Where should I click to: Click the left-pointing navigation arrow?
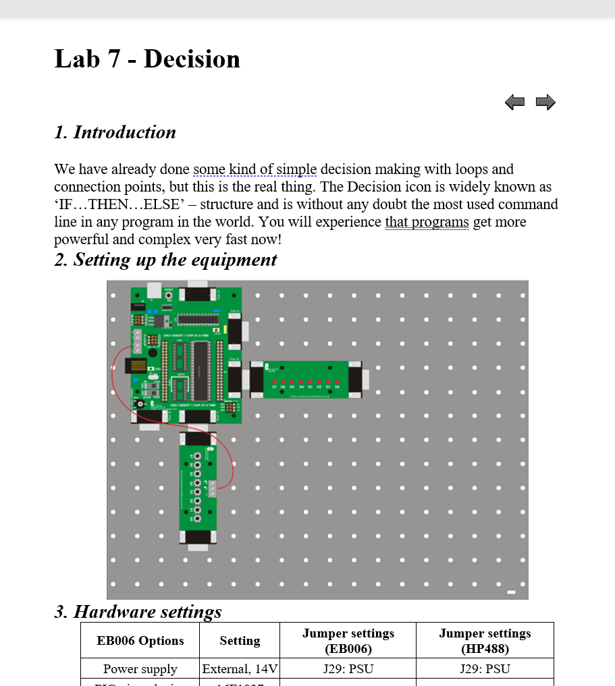click(x=514, y=103)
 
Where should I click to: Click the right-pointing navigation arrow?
click(x=545, y=103)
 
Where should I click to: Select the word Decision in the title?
click(x=192, y=59)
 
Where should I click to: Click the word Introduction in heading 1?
click(x=125, y=132)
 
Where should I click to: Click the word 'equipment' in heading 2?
click(x=236, y=260)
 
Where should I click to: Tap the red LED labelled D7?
click(x=274, y=382)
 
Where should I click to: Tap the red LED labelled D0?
click(x=337, y=382)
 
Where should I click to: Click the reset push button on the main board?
click(x=168, y=295)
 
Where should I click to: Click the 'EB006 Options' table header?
click(x=140, y=640)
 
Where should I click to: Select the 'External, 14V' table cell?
click(x=240, y=669)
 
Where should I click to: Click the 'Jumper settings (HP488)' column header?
click(x=485, y=640)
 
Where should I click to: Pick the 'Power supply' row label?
click(x=140, y=669)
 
